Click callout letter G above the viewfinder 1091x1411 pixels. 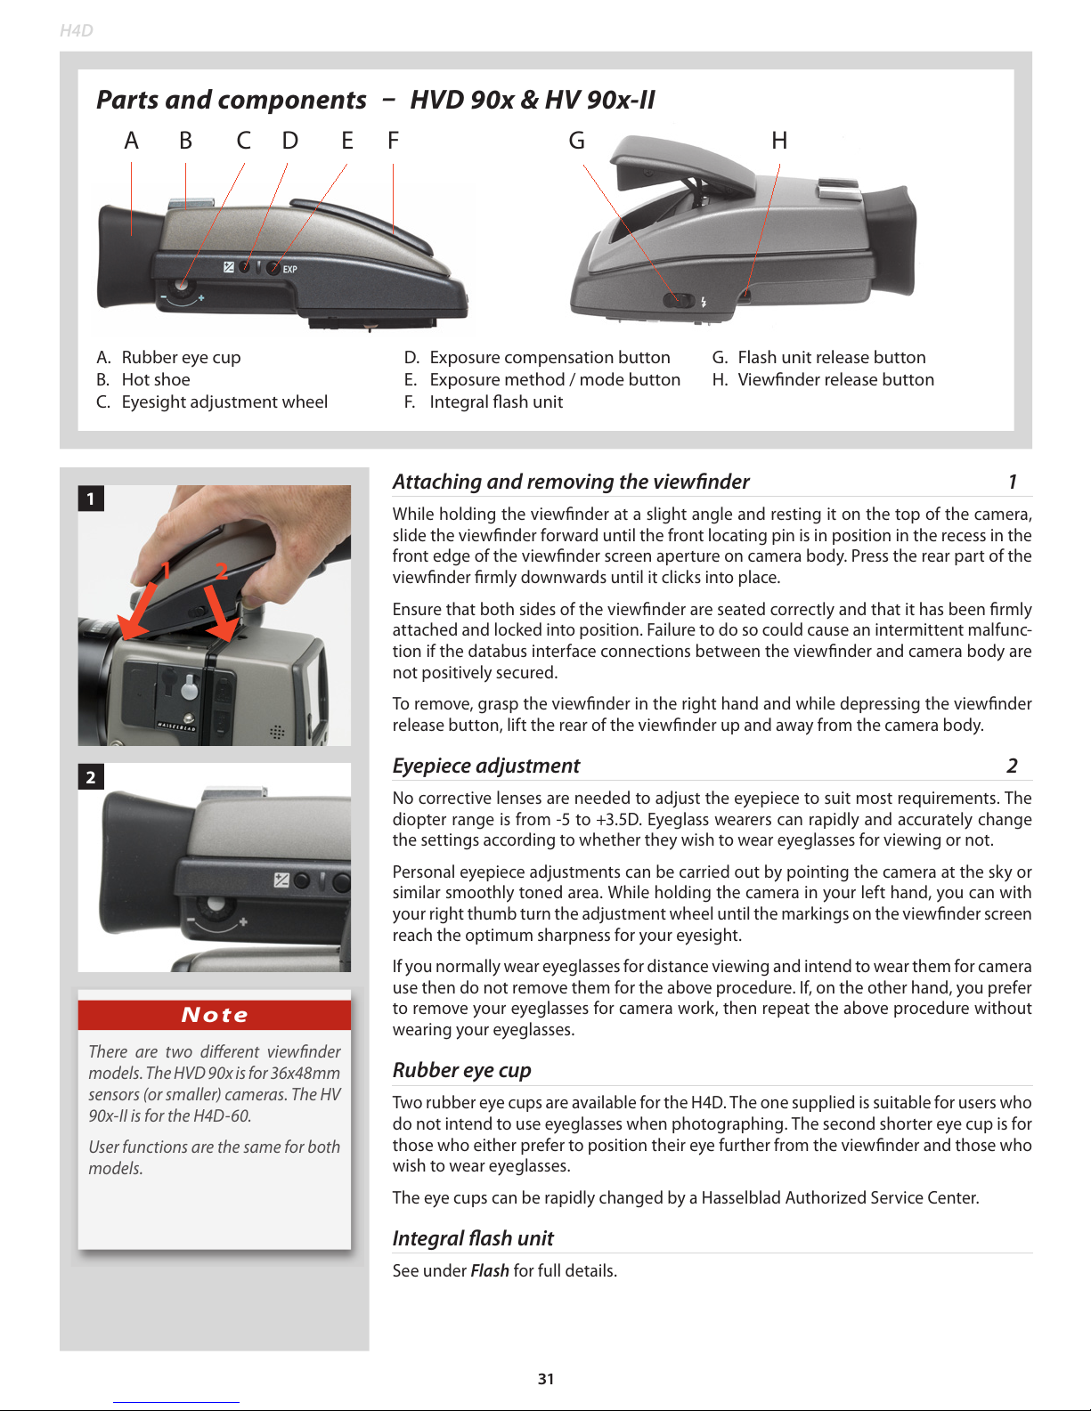click(577, 141)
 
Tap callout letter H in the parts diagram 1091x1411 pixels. click(779, 141)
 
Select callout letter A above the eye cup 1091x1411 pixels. click(131, 141)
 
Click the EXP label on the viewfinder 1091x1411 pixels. click(289, 269)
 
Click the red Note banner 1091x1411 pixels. click(215, 1014)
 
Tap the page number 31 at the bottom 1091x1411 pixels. click(545, 1379)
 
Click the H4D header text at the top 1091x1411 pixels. click(76, 30)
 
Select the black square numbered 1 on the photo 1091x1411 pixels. click(91, 498)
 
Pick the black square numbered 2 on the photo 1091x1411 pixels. click(91, 776)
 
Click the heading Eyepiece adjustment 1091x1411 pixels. click(485, 766)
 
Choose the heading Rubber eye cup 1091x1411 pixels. click(461, 1069)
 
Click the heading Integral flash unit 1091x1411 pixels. click(473, 1238)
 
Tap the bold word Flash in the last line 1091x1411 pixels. click(490, 1270)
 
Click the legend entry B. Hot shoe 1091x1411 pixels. click(142, 379)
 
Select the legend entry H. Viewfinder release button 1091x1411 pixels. click(823, 379)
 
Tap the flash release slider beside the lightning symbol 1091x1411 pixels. click(680, 300)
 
